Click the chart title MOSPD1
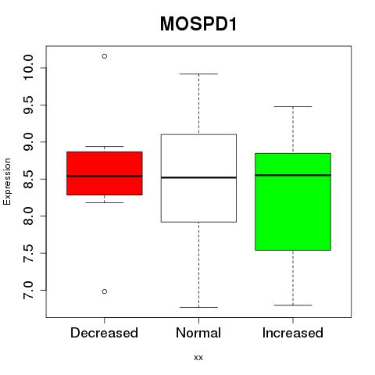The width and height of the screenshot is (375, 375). click(x=198, y=24)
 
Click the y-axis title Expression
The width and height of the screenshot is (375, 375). click(x=7, y=181)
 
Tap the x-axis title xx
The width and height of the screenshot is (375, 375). click(x=198, y=358)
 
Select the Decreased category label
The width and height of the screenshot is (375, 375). click(x=104, y=333)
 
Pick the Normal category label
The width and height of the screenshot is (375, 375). click(x=198, y=333)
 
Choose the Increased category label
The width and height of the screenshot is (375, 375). click(x=293, y=333)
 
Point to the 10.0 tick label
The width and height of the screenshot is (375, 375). click(x=28, y=68)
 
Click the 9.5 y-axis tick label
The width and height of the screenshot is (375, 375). click(x=28, y=105)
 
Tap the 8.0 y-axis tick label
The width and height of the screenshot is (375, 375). click(x=28, y=216)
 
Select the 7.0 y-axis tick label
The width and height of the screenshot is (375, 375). click(x=28, y=290)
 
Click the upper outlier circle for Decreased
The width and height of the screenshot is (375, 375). click(x=105, y=56)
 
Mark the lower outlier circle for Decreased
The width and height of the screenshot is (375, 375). click(x=105, y=291)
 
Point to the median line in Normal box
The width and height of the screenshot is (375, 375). click(x=198, y=177)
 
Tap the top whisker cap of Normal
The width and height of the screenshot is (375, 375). click(x=198, y=74)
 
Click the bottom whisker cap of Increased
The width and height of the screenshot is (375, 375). click(x=293, y=305)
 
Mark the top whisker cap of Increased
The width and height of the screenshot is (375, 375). click(x=293, y=106)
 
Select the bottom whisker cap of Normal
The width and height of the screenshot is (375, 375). click(x=198, y=307)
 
